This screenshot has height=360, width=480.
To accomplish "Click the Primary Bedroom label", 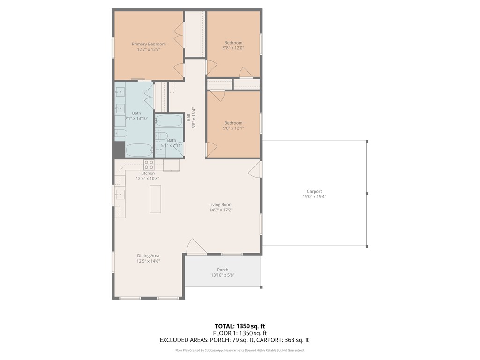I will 149,44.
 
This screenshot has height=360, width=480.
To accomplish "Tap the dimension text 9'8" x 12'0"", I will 233,48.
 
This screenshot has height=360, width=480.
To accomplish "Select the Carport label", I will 314,191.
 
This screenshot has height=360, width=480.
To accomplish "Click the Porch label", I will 223,270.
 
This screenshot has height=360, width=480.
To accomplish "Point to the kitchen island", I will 155,199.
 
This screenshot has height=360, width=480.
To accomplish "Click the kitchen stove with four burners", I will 149,165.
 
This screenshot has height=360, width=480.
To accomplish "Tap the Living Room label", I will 221,204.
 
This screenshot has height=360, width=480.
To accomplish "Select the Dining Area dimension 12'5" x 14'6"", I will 149,261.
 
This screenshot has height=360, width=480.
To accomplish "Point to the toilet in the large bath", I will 120,134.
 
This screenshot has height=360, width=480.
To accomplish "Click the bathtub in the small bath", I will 169,120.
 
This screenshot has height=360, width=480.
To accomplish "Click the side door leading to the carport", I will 255,169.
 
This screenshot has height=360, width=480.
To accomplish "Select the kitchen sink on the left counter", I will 120,195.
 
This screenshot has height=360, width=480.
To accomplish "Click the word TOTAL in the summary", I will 225,326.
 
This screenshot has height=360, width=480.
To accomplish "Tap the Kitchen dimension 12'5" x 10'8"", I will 148,179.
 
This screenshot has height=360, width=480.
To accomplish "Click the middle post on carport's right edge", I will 367,193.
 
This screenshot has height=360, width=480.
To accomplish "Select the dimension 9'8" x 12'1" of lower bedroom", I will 233,128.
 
